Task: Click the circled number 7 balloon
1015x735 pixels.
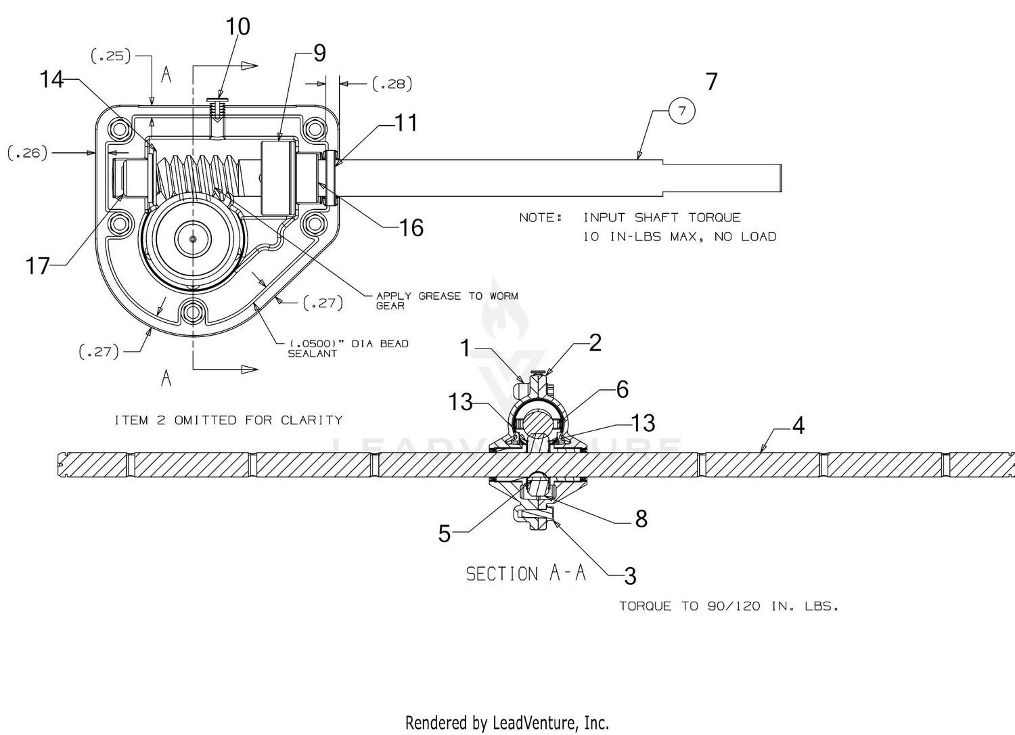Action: point(681,110)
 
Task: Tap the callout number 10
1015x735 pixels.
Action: point(238,27)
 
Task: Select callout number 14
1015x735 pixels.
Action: point(51,79)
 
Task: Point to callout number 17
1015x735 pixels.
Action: point(37,265)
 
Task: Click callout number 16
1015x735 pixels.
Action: point(411,227)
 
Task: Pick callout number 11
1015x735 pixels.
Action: point(406,122)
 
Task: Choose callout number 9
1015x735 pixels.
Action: point(319,53)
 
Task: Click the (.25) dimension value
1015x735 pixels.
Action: point(111,56)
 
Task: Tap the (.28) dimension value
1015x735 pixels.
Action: point(392,84)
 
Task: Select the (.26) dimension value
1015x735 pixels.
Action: point(28,153)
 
